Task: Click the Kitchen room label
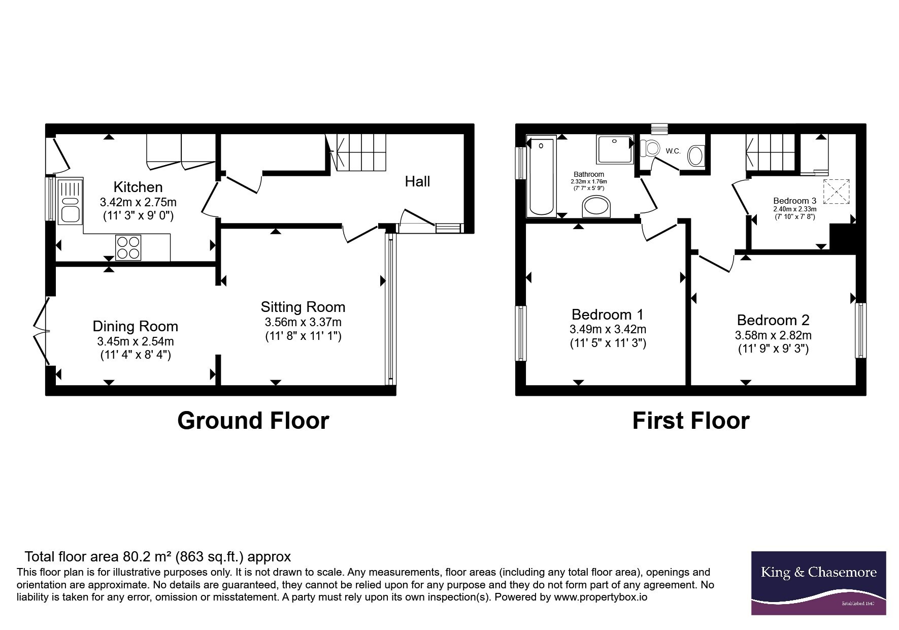(x=138, y=187)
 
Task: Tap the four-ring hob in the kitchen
(x=128, y=248)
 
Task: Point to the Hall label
(x=417, y=181)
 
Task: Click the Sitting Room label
(x=303, y=307)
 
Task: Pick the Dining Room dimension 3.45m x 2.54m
(x=136, y=341)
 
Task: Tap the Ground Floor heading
(x=253, y=421)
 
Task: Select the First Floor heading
(x=691, y=421)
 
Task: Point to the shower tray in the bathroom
(x=615, y=149)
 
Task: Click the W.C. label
(x=673, y=151)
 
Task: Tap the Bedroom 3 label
(x=794, y=201)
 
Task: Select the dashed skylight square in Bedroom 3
(x=836, y=192)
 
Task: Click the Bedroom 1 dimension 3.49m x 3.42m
(x=608, y=329)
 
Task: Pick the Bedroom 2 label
(x=773, y=320)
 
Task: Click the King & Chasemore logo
(x=818, y=583)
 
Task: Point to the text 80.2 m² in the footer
(x=147, y=557)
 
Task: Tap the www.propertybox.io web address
(x=600, y=597)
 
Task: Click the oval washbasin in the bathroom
(x=597, y=207)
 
